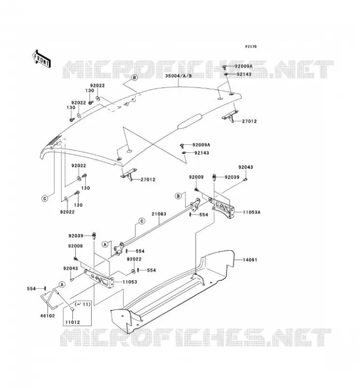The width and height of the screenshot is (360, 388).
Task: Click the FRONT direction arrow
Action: tap(42, 59)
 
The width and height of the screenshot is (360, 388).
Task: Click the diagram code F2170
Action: tap(251, 47)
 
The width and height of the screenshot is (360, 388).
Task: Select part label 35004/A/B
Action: tap(179, 76)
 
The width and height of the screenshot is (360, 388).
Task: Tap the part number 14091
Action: tap(250, 260)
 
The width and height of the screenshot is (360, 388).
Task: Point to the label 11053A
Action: tap(251, 212)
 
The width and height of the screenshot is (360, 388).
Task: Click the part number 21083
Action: tap(159, 214)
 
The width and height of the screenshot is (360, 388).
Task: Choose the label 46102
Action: tap(48, 316)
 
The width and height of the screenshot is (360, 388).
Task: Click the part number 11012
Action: tap(73, 322)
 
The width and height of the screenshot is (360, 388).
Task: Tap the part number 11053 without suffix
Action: tap(130, 282)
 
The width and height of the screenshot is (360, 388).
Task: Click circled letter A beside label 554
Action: tap(62, 285)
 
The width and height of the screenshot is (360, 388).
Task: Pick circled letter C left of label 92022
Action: tap(45, 198)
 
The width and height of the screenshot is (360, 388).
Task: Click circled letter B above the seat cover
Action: tap(134, 78)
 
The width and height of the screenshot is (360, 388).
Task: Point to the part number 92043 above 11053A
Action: tap(245, 167)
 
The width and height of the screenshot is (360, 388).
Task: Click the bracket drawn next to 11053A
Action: tap(223, 208)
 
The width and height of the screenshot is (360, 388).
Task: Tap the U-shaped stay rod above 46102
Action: tap(50, 298)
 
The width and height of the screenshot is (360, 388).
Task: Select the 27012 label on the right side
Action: tap(249, 121)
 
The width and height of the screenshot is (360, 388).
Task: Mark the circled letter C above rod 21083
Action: tap(142, 221)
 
